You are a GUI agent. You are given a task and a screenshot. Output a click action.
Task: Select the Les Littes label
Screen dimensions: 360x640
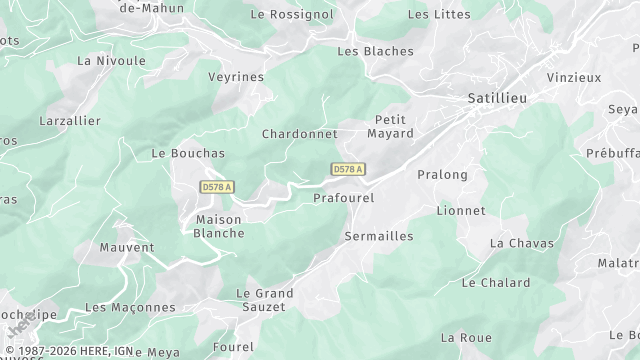440,14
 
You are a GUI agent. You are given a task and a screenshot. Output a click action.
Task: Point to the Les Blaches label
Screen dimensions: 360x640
375,51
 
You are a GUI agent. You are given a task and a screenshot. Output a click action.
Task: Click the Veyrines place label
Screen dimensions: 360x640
236,76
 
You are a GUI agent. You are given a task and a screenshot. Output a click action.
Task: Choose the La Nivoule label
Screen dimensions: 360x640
111,60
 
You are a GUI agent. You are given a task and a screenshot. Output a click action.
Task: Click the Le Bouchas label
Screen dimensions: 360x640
188,153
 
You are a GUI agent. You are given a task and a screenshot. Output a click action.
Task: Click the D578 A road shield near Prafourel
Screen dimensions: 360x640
347,170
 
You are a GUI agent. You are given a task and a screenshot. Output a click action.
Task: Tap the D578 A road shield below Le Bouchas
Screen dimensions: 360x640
216,187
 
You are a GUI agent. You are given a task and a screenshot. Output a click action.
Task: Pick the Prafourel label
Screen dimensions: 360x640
343,198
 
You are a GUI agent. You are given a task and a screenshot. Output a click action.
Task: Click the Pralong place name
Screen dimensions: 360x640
442,174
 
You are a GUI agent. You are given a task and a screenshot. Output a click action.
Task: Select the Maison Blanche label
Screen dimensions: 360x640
219,226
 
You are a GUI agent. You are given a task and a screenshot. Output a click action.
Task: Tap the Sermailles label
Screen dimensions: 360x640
378,236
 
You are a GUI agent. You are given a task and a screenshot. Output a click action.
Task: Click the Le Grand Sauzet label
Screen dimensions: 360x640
264,300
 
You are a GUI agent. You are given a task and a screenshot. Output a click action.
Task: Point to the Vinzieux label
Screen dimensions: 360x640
575,76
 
